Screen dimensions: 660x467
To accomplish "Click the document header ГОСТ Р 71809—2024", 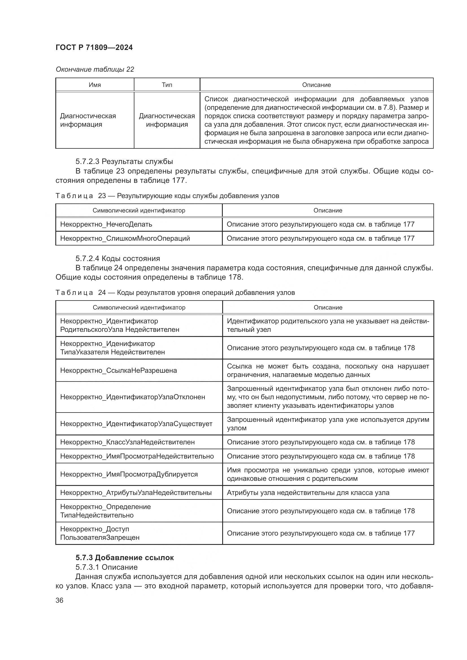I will pos(94,47).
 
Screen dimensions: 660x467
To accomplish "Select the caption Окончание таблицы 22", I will pos(95,69).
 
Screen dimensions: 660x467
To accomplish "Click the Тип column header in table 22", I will pos(167,85).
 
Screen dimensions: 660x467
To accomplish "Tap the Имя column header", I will pos(95,85).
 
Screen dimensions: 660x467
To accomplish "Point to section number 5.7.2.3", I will pos(88,161).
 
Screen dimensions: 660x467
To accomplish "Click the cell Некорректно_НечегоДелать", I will pos(106,224).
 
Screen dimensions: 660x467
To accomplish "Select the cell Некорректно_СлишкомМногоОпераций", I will pos(125,238).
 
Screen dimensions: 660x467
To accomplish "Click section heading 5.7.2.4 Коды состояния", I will pos(118,258).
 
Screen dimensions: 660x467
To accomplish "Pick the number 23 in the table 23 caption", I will pos(102,196).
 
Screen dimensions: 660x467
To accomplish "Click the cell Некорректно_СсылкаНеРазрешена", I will pos(119,370).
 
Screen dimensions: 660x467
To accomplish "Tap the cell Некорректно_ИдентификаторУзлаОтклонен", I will pos(133,397).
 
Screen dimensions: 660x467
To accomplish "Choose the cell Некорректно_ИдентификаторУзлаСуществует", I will pos(136,424).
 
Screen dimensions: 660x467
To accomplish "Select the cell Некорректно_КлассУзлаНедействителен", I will pos(127,442).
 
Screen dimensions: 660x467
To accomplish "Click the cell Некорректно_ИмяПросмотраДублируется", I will pos(129,474).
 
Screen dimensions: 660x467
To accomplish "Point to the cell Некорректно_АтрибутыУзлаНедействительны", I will pos(136,492).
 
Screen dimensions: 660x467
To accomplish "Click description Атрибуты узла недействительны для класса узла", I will pos(308,492).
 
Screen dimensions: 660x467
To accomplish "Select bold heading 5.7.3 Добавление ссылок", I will pos(125,557).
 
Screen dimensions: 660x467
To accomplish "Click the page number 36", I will pos(59,600).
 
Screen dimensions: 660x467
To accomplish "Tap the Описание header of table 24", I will pos(328,307).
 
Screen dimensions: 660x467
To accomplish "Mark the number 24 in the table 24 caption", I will pos(102,293).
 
